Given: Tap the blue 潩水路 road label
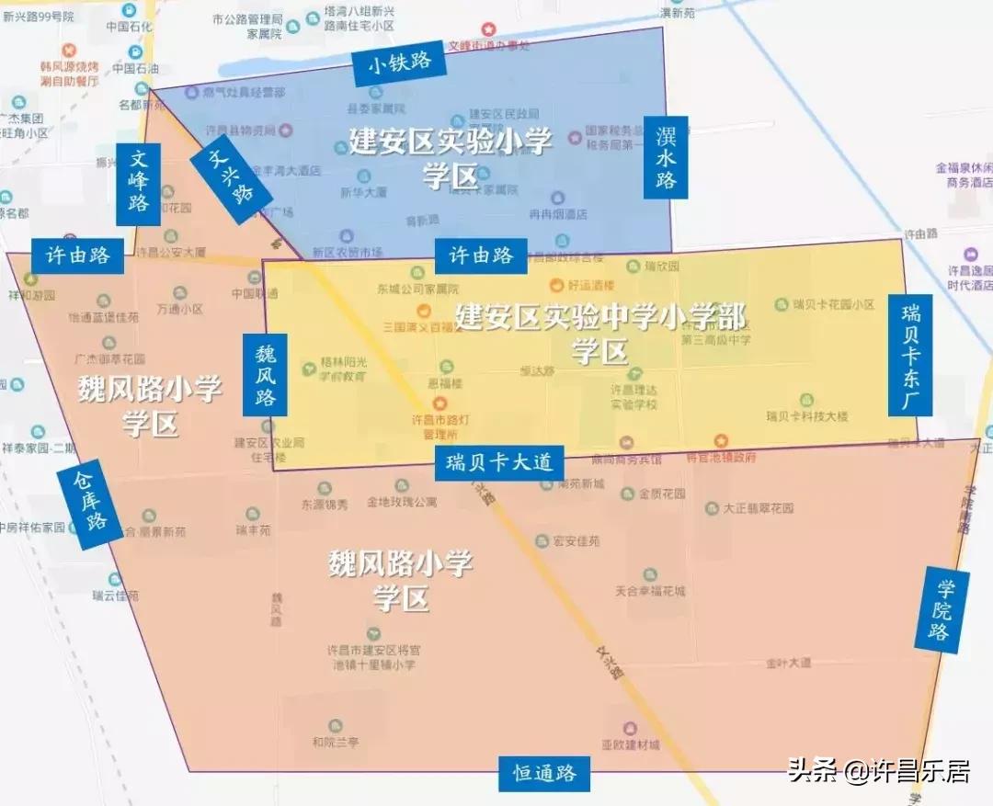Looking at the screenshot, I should tap(666, 157).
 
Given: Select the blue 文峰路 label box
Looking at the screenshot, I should tap(138, 184).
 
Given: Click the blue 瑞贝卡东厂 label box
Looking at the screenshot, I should tap(910, 355).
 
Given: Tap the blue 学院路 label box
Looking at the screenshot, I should tap(942, 610).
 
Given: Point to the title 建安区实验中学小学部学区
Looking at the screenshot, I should tap(599, 333).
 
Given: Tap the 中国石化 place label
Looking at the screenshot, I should tap(128, 27).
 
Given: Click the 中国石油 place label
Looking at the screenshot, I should tap(136, 69).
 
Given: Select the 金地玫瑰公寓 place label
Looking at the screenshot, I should tap(402, 503).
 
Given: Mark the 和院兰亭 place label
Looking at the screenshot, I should tap(335, 742).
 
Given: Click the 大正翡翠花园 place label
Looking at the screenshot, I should tap(758, 507).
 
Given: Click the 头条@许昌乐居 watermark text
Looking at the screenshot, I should tap(878, 770).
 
